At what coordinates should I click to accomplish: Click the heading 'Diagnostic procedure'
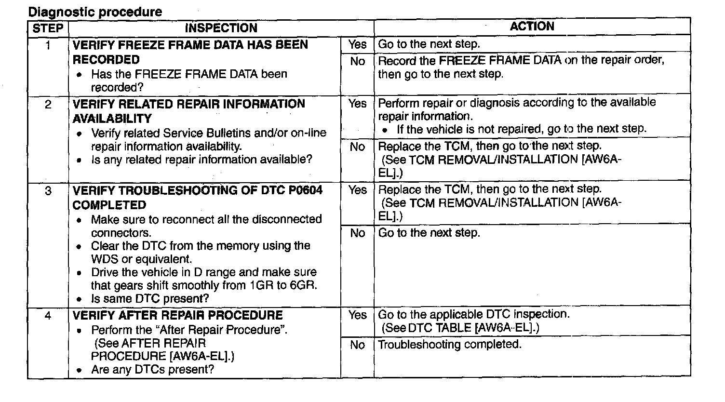tap(95, 12)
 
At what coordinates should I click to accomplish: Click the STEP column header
tap(48, 28)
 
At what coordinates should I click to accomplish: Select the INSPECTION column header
tap(221, 28)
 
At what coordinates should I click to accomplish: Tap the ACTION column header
tap(532, 27)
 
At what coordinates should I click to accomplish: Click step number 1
tap(48, 45)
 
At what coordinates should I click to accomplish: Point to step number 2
tap(48, 104)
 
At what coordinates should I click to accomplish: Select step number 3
tap(48, 191)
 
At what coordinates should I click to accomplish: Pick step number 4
tap(48, 316)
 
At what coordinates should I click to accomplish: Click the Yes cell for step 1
tap(357, 45)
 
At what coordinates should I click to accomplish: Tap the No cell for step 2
tap(357, 147)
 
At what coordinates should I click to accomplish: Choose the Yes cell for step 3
tap(357, 190)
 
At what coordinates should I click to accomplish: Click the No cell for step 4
tap(357, 345)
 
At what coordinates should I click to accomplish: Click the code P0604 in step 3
tap(306, 190)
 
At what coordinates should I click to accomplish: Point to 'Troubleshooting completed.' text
tap(450, 345)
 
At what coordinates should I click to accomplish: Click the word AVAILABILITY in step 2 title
tap(112, 119)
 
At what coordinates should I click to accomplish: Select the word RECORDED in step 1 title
tap(106, 60)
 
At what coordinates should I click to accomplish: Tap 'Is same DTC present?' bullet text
tap(150, 299)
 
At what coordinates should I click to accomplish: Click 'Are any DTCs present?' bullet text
tap(152, 370)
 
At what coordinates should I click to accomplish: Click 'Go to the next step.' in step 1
tap(429, 44)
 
